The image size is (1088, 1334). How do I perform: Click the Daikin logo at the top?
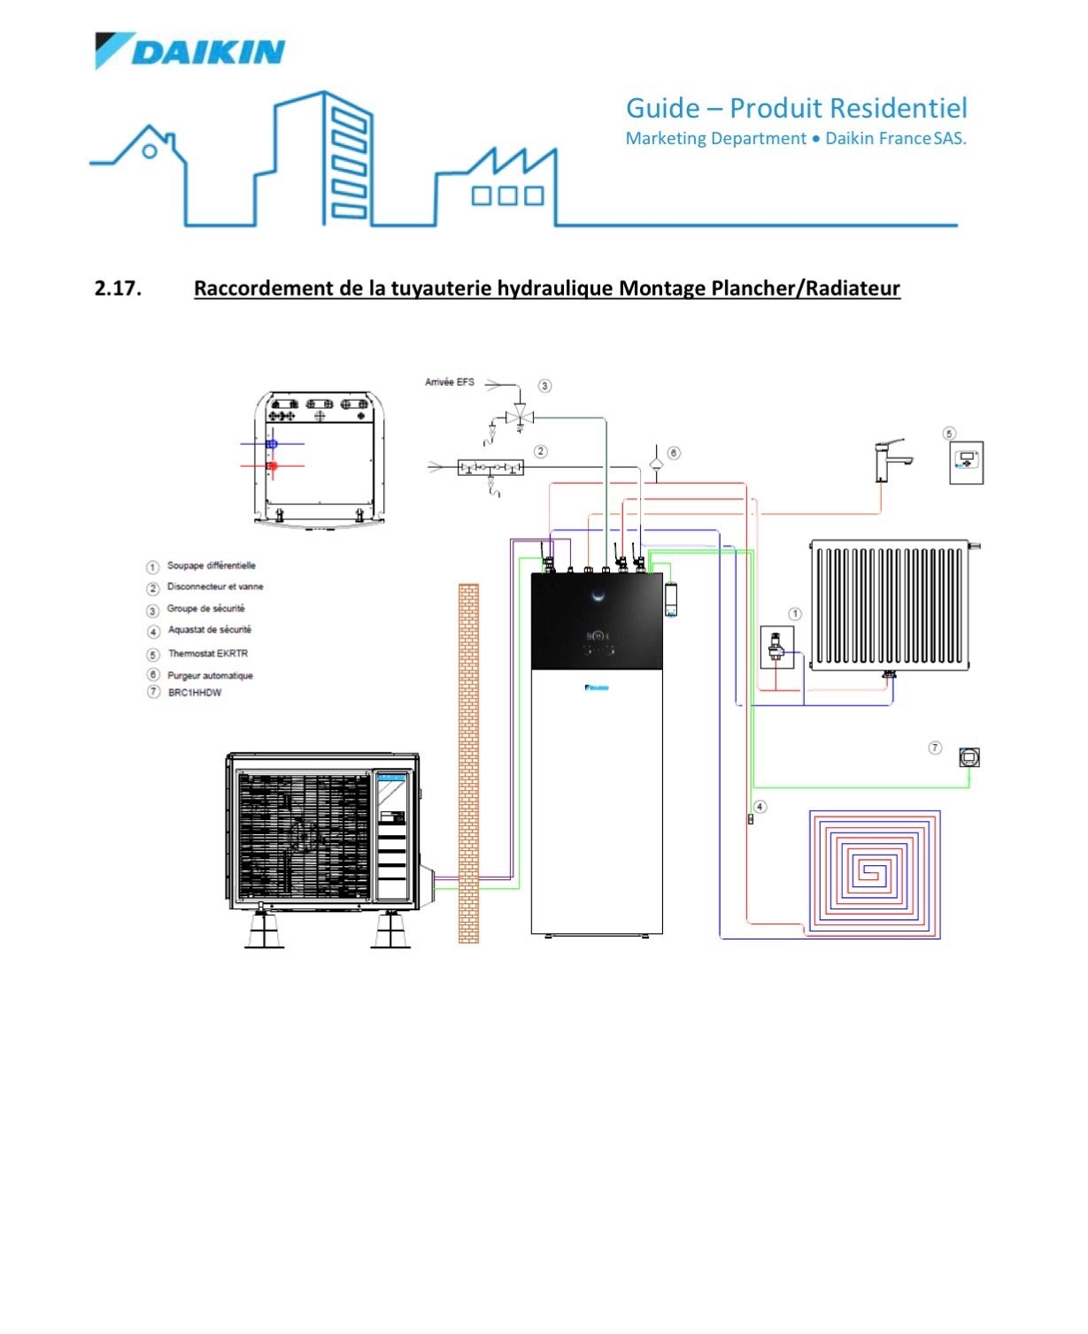190,51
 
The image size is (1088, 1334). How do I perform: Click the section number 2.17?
118,288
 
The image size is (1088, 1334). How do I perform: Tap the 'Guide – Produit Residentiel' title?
796,109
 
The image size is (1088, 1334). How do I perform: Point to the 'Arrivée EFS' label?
450,382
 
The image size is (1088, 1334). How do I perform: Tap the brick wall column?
468,763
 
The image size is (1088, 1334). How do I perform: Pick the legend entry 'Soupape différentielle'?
211,566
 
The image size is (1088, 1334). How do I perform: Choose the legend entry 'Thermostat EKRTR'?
208,654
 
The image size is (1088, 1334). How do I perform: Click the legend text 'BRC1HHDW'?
195,693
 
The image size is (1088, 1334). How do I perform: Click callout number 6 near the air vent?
674,453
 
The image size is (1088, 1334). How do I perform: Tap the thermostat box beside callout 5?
967,461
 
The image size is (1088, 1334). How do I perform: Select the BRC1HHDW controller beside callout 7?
969,757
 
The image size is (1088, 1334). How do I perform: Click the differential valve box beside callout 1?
776,648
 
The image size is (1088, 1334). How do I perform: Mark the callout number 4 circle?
760,807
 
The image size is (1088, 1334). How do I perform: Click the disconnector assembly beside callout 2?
490,466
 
